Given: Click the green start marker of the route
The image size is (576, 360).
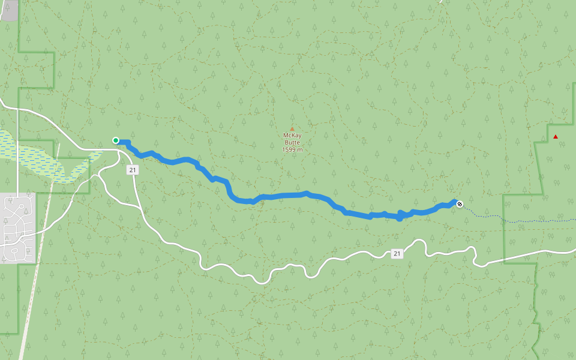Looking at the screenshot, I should (x=116, y=140).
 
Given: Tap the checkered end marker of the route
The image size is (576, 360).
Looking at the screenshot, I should (x=460, y=205).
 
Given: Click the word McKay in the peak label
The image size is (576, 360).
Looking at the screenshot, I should (x=292, y=136).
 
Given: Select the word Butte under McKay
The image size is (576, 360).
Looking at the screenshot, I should (x=292, y=142).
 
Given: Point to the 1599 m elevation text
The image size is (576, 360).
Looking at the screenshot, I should (x=292, y=149).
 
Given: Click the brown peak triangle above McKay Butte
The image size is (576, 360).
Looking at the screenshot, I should (x=292, y=128).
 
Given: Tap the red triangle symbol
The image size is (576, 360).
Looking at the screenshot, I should (x=556, y=137).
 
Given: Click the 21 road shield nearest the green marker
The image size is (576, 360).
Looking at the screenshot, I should (x=133, y=170).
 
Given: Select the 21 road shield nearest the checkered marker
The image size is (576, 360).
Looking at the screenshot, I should (x=397, y=254).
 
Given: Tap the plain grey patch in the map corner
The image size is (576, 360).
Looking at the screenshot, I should (x=8, y=10).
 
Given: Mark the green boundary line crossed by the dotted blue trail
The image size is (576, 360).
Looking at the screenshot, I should (x=503, y=219).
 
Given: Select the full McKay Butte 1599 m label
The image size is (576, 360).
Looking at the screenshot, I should (x=292, y=142).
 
